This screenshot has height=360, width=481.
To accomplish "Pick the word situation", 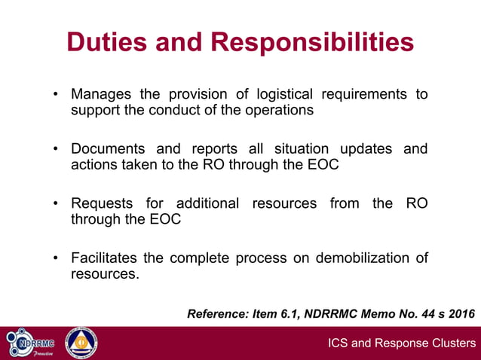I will click(x=285, y=148).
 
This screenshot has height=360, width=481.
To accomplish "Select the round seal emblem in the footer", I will click(x=81, y=343).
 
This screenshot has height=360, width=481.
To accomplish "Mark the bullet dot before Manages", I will click(x=56, y=96).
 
